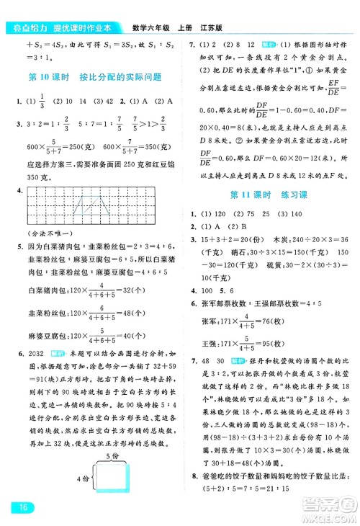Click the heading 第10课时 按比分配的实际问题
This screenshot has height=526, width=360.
pyautogui.click(x=93, y=77)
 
